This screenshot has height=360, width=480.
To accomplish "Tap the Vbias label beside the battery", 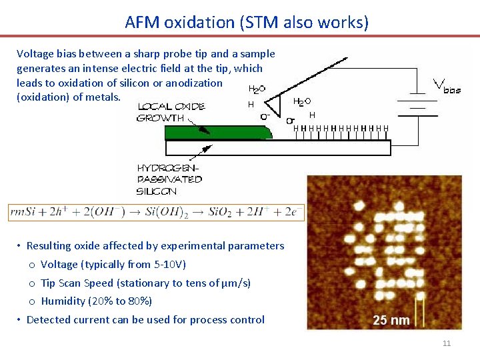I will tap(448, 85).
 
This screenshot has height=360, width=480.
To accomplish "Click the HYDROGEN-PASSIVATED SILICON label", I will tap(169, 179).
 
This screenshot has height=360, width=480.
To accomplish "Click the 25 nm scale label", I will tap(391, 321).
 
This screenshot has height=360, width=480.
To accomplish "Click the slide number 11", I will tap(447, 343).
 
